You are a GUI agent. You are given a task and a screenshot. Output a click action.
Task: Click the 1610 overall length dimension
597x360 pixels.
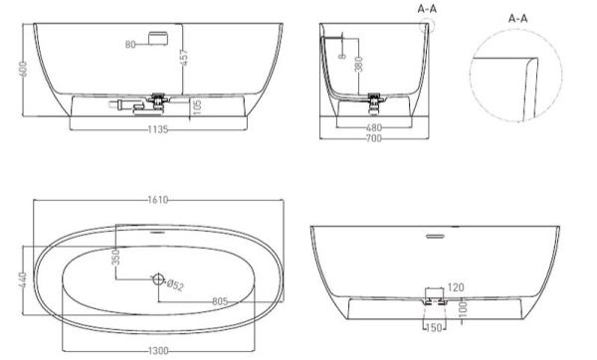pos(157,200)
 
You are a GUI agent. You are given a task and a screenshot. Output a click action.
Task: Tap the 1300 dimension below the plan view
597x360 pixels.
pos(157,350)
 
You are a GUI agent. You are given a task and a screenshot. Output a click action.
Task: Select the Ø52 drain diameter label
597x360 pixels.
pos(175,284)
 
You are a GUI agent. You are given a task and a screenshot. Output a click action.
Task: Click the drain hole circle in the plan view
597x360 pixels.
pos(158,279)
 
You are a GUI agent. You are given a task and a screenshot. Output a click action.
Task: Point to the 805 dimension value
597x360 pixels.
pos(220,301)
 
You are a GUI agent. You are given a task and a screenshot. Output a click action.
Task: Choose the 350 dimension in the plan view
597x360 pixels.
pos(116,257)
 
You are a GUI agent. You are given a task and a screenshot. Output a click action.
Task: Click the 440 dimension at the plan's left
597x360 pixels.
pos(23,279)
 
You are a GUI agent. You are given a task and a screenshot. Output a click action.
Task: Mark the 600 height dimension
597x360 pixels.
pos(23,69)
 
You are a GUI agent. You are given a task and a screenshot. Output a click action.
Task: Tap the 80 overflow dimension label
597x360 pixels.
pos(130,45)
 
